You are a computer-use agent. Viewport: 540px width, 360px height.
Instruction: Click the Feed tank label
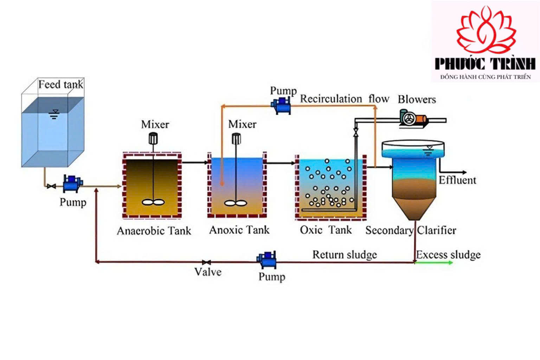tap(61, 84)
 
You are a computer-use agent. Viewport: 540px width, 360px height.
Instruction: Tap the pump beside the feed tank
tap(72, 184)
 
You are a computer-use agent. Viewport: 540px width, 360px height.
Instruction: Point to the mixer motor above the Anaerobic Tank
tap(153, 139)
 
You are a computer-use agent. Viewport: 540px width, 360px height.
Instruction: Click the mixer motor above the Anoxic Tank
tap(236, 139)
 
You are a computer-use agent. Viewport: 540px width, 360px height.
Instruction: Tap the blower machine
tap(413, 118)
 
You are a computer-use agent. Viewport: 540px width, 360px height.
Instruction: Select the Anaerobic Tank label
tap(154, 231)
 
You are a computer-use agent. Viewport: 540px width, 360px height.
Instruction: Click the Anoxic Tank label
tap(239, 230)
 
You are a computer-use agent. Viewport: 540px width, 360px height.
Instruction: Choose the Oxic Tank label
tap(326, 230)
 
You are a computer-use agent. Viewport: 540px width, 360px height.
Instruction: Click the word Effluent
tap(457, 180)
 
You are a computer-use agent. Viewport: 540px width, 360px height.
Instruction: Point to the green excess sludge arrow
tap(433, 263)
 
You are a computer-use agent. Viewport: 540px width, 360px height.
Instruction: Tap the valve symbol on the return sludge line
tap(206, 262)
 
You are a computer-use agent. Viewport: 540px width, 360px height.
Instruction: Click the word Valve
tap(208, 272)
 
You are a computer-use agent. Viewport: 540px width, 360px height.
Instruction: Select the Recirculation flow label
tap(345, 99)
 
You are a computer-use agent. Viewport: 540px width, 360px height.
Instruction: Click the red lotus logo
tap(486, 30)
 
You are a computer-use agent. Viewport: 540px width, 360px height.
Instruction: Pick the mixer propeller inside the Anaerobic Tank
tap(153, 202)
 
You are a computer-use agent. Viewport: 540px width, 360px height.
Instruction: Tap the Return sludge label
tap(345, 255)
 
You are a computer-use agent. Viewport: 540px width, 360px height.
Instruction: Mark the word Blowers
tap(417, 99)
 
